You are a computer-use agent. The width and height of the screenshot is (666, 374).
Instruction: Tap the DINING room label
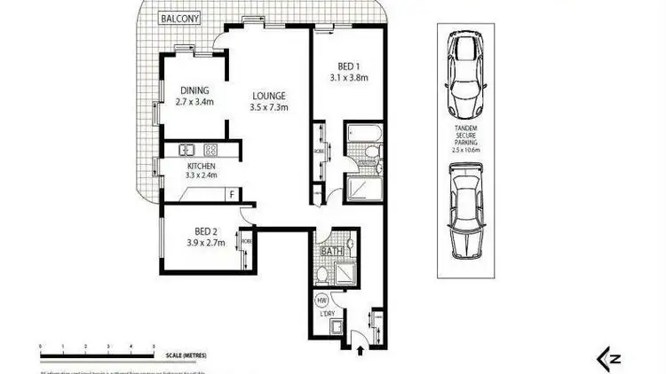pos(195,90)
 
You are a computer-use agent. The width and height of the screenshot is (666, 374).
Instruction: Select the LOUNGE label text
pos(268,96)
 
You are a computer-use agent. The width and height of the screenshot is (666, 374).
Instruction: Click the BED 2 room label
pos(204,231)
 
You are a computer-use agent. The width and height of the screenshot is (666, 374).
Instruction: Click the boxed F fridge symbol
pos(232,194)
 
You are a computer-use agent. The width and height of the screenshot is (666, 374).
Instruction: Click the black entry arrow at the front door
pos(360,351)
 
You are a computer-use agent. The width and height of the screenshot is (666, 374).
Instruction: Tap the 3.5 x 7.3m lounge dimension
pos(268,108)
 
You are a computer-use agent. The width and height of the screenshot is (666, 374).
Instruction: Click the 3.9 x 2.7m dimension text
pos(204,243)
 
